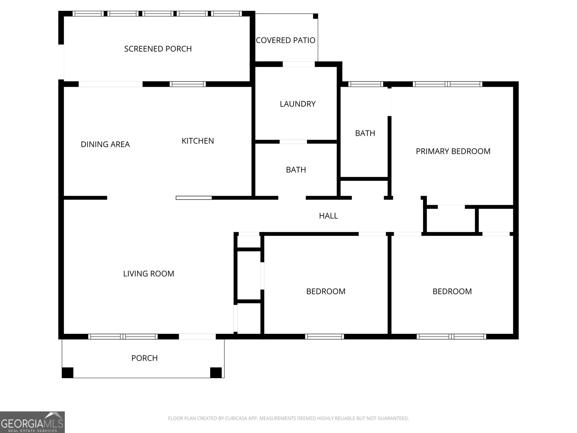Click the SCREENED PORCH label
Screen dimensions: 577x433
tap(158, 49)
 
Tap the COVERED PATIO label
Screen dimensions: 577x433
tap(286, 40)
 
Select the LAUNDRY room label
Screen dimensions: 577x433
tap(298, 104)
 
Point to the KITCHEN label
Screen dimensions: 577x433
tap(198, 141)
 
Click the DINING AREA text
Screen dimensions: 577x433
tap(105, 144)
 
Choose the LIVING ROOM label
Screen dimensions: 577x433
tap(149, 274)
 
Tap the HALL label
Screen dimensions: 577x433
tap(328, 216)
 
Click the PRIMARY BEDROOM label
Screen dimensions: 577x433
tap(453, 151)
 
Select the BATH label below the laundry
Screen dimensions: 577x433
tap(296, 170)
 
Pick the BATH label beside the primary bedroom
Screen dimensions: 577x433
tap(365, 133)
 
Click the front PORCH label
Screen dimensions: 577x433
tap(144, 358)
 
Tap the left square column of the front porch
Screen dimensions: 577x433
tap(67, 372)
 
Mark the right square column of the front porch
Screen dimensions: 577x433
tap(216, 372)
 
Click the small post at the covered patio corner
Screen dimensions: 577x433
tap(316, 16)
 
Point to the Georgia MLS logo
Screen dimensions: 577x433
tap(32, 422)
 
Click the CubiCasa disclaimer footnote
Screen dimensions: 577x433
tap(288, 418)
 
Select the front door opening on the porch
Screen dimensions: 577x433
tap(197, 337)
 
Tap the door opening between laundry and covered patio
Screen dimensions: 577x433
tap(299, 64)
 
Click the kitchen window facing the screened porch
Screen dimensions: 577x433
tap(188, 84)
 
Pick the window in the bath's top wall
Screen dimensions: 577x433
tap(366, 84)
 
